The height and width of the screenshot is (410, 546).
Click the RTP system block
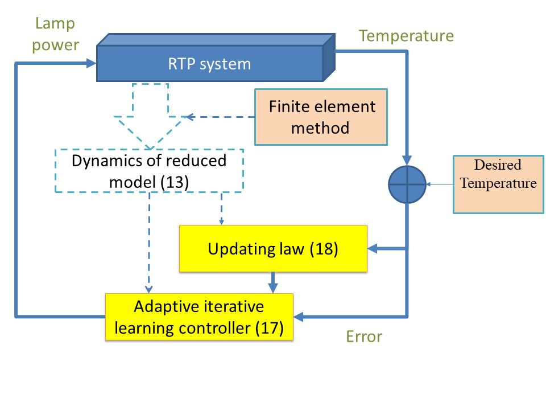(216, 58)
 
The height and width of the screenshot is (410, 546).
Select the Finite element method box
(321, 117)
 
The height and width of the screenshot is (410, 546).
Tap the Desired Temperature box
(498, 184)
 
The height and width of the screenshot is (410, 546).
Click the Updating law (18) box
(273, 249)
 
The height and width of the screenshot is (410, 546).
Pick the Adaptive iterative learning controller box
(199, 317)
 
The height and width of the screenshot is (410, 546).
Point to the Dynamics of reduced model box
(149, 171)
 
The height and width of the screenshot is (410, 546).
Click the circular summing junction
(407, 184)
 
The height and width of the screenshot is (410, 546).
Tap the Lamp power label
(55, 34)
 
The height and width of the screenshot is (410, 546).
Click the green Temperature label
(406, 35)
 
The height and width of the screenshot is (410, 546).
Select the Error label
(364, 337)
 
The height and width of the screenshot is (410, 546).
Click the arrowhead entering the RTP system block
(91, 63)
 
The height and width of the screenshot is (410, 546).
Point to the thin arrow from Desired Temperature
(440, 184)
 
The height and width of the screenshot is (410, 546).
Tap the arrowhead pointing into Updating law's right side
(373, 249)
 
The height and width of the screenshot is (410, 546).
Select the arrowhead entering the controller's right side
(299, 317)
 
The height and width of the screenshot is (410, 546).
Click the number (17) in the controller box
(269, 328)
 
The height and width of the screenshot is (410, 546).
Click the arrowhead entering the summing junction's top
(407, 161)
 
